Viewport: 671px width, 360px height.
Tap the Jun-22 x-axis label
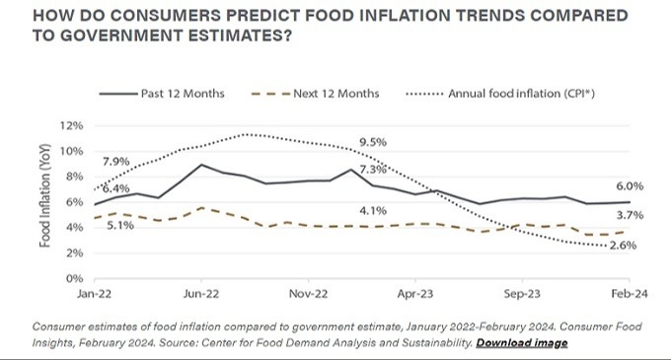[201, 294]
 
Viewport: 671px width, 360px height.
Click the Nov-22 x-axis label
[308, 294]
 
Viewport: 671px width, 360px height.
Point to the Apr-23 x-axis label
[415, 294]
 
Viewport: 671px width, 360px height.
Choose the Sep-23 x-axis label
[522, 294]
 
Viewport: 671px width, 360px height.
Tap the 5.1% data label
[119, 225]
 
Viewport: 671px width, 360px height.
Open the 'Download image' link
[522, 342]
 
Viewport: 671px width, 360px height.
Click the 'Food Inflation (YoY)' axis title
[45, 206]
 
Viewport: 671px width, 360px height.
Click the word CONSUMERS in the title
[144, 17]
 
